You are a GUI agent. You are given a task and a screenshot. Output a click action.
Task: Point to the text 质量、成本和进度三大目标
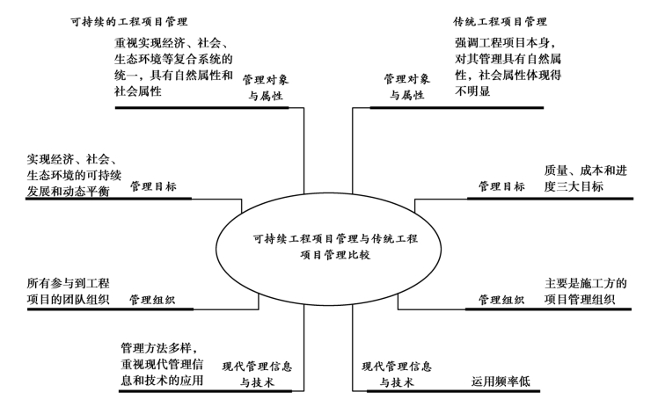[585, 178]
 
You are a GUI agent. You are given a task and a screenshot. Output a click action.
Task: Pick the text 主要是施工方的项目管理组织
[585, 292]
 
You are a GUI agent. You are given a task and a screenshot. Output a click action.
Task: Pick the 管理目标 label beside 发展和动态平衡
[153, 187]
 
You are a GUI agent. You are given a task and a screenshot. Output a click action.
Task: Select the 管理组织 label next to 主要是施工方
[501, 300]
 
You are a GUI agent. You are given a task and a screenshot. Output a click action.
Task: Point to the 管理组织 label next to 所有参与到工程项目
[152, 300]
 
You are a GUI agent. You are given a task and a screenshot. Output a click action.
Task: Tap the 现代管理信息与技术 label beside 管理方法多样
[257, 374]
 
